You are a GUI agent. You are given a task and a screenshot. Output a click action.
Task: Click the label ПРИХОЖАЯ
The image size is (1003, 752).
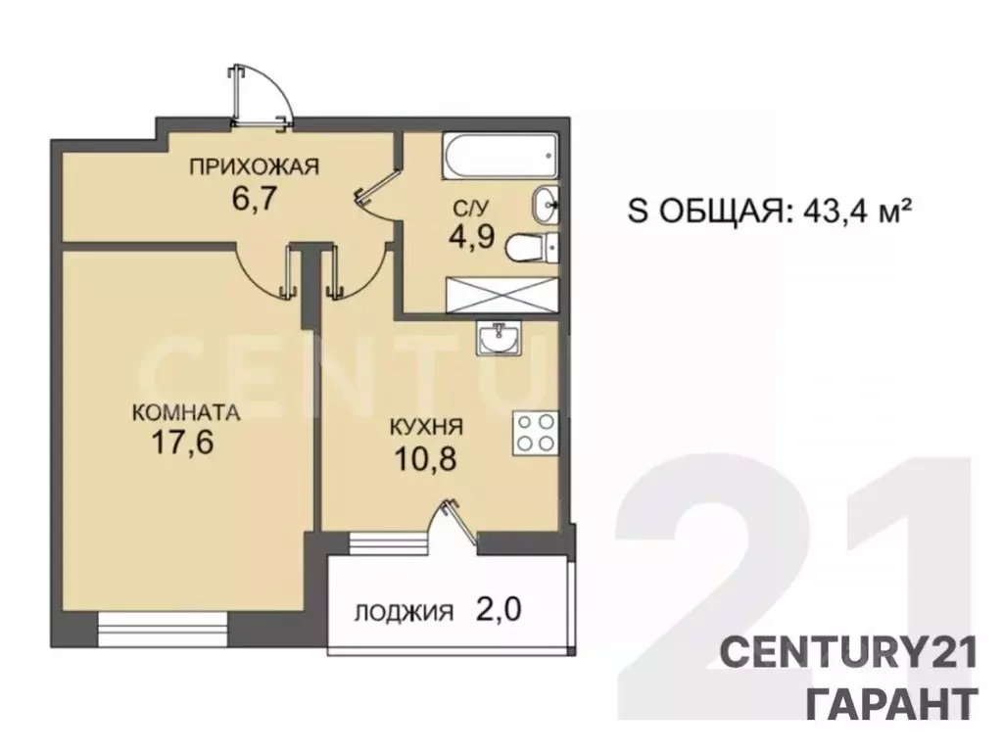click(x=255, y=166)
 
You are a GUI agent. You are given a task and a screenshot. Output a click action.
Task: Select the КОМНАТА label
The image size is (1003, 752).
click(x=185, y=413)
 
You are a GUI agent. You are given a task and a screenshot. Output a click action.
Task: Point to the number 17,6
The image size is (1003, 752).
click(x=184, y=445)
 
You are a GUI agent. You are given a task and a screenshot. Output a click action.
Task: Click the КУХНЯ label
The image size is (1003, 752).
click(x=426, y=428)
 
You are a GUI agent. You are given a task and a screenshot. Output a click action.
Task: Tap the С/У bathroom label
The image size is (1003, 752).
click(x=464, y=207)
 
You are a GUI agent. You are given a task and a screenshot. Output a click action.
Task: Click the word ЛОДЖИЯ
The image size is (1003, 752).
click(x=404, y=614)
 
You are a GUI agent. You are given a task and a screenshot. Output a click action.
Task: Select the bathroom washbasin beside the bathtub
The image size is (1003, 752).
click(x=546, y=205)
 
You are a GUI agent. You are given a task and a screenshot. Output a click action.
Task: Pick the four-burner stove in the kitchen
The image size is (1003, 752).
click(x=536, y=433)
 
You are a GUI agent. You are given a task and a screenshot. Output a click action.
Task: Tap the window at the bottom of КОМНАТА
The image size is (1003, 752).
click(x=163, y=627)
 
